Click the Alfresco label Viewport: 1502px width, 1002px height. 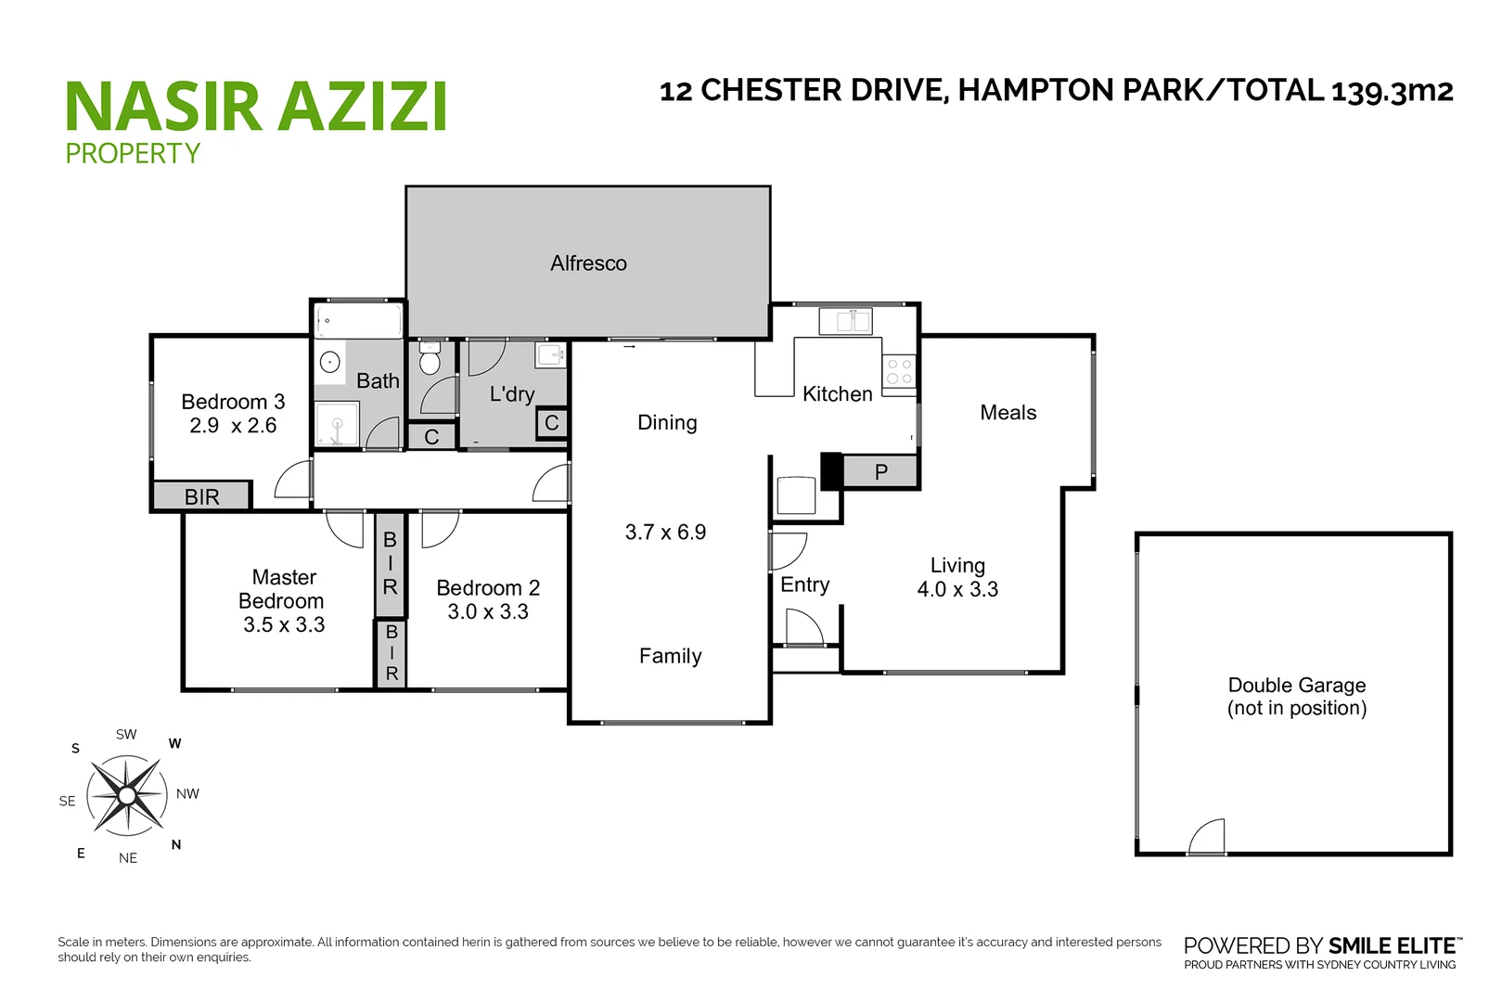click(588, 263)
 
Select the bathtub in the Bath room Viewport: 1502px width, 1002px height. click(359, 321)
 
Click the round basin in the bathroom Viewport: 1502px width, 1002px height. click(330, 362)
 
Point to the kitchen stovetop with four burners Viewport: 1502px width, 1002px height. click(899, 372)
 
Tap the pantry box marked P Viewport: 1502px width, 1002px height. click(881, 472)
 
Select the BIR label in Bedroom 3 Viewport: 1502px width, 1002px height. click(202, 496)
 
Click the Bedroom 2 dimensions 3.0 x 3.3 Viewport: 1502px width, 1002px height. click(488, 612)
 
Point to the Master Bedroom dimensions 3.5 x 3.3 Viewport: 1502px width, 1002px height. click(284, 625)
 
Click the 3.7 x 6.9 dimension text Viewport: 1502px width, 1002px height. click(665, 533)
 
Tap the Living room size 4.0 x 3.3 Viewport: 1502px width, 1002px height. click(957, 590)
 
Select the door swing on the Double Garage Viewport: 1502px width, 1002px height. click(1207, 837)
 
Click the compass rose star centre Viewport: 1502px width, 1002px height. click(126, 795)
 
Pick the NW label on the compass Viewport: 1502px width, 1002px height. click(187, 794)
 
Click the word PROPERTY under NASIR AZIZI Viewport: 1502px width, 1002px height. click(133, 153)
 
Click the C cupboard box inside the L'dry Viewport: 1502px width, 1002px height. click(552, 424)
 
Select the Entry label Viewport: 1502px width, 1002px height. click(804, 585)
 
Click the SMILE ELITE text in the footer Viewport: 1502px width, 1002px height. click(1392, 946)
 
